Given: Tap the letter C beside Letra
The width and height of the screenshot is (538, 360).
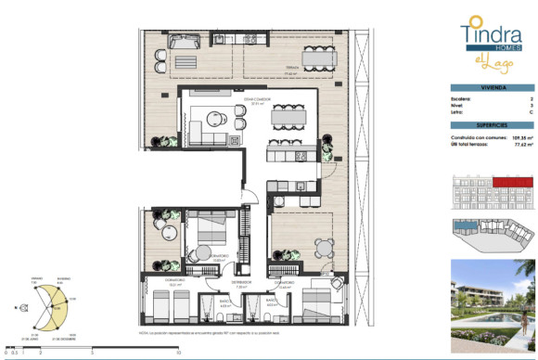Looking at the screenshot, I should point(530,113).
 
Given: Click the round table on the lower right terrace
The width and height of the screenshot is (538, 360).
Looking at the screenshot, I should point(322,247).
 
